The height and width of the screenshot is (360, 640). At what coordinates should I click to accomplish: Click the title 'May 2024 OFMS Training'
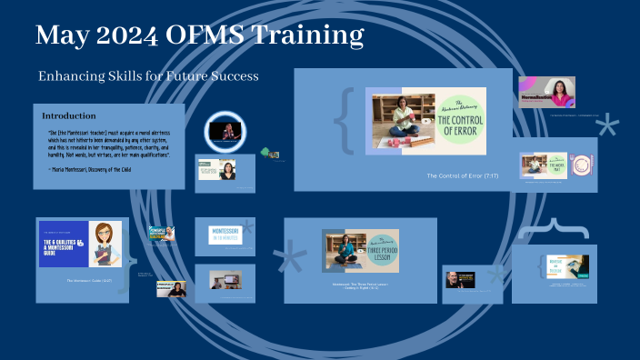coord(200,35)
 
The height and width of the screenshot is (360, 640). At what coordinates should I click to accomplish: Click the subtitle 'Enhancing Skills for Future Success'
coord(148,76)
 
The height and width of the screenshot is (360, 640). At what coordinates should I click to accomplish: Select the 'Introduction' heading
coord(69,115)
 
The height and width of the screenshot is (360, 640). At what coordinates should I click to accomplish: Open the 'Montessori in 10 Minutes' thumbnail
coord(225,234)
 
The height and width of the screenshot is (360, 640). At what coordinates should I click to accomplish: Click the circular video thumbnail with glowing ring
coord(225,131)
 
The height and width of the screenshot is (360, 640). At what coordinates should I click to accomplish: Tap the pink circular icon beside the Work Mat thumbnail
coord(581,165)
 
